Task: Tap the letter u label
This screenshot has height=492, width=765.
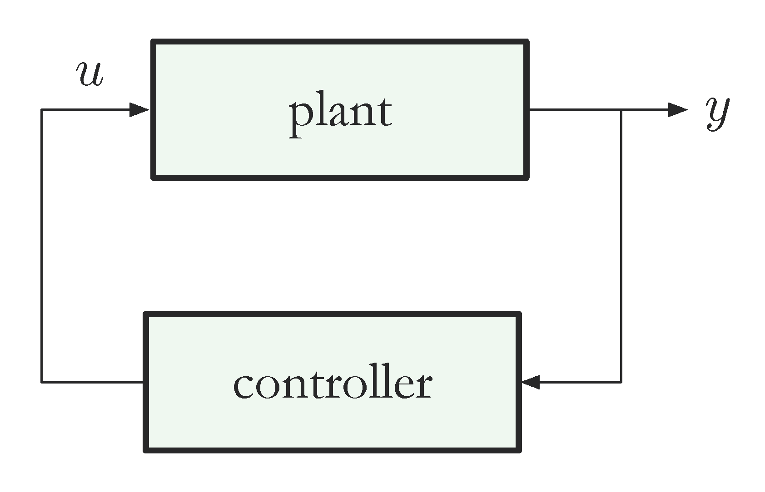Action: point(90,74)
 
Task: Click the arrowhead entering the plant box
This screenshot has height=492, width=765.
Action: point(139,109)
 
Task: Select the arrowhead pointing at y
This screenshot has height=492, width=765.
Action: point(678,109)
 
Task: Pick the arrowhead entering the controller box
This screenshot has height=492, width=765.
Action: point(531,382)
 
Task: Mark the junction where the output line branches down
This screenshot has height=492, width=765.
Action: point(621,109)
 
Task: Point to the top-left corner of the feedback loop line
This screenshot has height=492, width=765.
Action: point(42,109)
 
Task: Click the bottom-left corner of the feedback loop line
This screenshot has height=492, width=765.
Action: point(42,382)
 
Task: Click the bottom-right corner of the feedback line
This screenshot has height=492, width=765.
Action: point(621,382)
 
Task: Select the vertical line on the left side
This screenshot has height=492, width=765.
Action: point(42,245)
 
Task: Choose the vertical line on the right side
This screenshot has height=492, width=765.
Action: point(621,245)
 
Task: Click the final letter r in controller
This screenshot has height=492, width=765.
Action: point(423,386)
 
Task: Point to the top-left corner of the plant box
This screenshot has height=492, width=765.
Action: point(154,42)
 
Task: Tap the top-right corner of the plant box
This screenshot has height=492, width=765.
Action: point(527,42)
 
